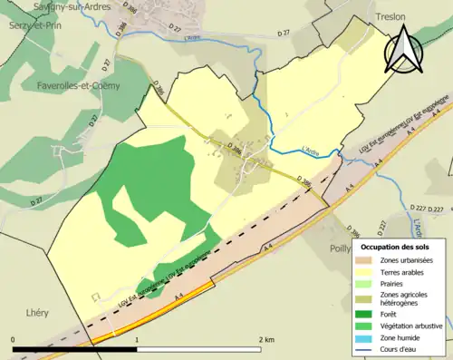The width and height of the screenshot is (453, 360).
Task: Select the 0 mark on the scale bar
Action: click(13, 339)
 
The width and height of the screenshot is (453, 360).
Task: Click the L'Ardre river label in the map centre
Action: click(309, 148)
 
